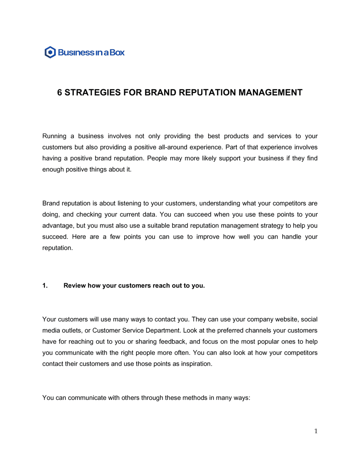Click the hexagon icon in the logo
(50, 53)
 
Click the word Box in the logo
(117, 53)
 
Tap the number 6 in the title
(59, 92)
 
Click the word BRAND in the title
(160, 92)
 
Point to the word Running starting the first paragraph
(54, 136)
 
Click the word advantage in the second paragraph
(57, 226)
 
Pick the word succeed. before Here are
(55, 237)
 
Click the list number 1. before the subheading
(45, 286)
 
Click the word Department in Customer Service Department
(163, 331)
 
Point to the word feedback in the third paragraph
(172, 342)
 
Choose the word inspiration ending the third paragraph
(197, 364)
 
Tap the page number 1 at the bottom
(316, 431)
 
